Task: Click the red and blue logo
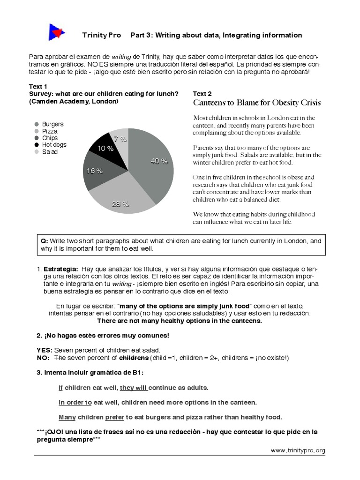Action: point(57,32)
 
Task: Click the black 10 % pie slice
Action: point(107,145)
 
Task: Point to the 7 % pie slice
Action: point(120,137)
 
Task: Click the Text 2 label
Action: point(202,94)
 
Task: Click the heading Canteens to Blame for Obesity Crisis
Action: point(257,103)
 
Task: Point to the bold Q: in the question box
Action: point(45,241)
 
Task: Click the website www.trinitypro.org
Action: point(298,450)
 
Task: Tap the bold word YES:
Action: point(45,350)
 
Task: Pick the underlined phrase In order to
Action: point(75,403)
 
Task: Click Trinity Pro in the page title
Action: point(101,35)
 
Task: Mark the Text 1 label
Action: point(38,87)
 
